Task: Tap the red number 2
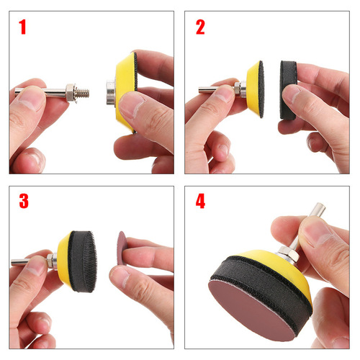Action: [x=200, y=27]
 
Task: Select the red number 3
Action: [x=24, y=201]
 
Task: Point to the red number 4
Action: [x=200, y=202]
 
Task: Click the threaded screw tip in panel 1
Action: [x=82, y=91]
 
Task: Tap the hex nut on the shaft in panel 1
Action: [x=71, y=91]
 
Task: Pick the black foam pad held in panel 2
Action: [x=288, y=89]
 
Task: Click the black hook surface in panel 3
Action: [x=88, y=260]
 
